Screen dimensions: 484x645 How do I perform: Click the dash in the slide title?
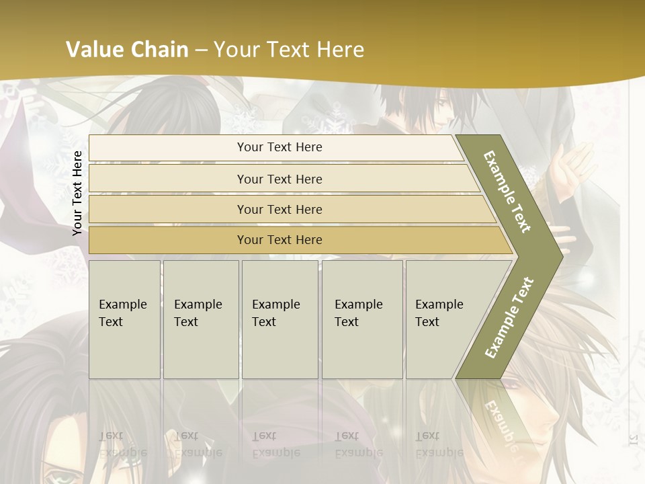click(x=201, y=50)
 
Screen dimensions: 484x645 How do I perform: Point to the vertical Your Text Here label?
click(x=77, y=193)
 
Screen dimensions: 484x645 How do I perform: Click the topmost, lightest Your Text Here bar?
click(x=279, y=147)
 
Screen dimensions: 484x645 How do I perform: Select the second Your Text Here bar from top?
click(x=279, y=179)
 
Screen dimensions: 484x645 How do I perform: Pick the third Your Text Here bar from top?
click(x=279, y=209)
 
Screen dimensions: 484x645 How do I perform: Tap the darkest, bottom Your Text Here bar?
click(x=279, y=240)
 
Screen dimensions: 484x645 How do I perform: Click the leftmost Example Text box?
click(x=124, y=319)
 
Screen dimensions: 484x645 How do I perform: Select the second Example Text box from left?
click(x=200, y=319)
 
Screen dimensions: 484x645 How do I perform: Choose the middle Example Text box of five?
click(x=279, y=319)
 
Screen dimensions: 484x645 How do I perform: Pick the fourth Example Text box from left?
click(x=361, y=319)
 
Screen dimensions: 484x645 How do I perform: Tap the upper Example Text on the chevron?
click(x=508, y=192)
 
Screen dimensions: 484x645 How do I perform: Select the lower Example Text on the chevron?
click(x=509, y=317)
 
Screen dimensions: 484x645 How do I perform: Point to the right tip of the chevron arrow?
click(x=560, y=255)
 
